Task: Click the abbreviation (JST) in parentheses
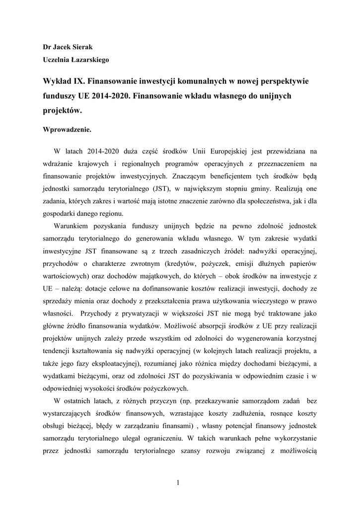[174, 189]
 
